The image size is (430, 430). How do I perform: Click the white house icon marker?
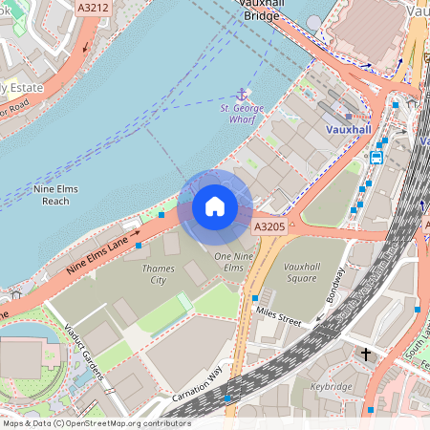(x=215, y=205)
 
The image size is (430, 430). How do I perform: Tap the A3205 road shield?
(x=269, y=226)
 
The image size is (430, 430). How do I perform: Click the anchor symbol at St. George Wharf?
(x=243, y=95)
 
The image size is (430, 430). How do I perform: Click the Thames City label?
(x=158, y=275)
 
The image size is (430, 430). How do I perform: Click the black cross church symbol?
(x=365, y=355)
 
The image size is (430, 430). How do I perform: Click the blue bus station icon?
(x=376, y=157)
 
